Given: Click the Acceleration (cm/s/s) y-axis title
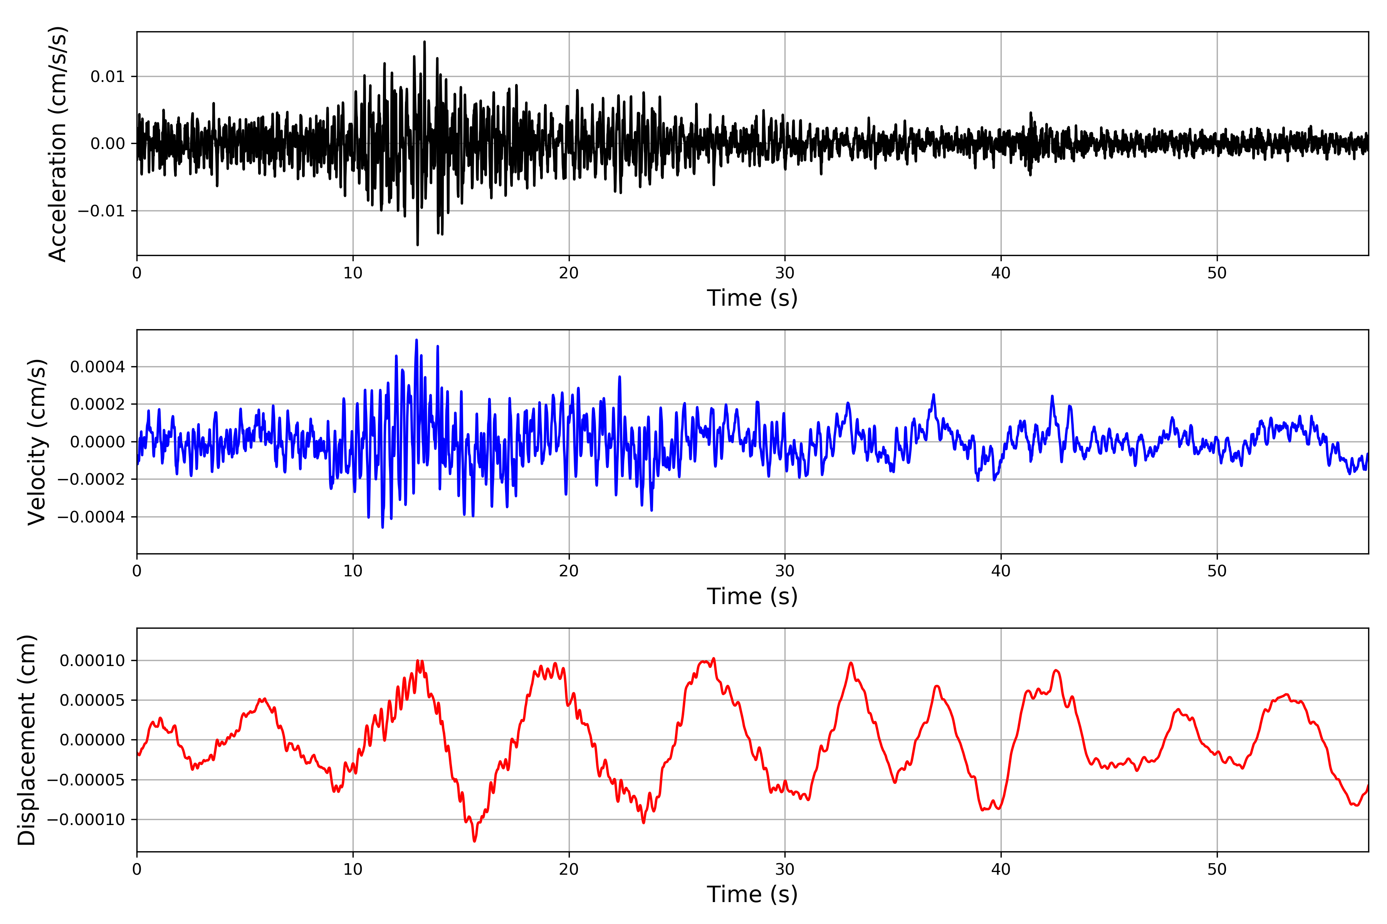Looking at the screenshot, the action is pyautogui.click(x=58, y=144).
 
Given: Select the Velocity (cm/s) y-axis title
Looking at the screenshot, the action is pyautogui.click(x=37, y=442).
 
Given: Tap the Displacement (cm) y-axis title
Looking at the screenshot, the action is pyautogui.click(x=27, y=740).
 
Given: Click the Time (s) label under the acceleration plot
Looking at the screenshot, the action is pyautogui.click(x=752, y=298).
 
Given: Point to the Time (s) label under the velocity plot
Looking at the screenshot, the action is pyautogui.click(x=752, y=596).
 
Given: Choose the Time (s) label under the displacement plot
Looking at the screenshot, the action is pyautogui.click(x=752, y=894).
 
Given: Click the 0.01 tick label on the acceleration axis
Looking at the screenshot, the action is pyautogui.click(x=107, y=77).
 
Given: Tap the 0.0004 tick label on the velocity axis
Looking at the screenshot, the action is pyautogui.click(x=97, y=367).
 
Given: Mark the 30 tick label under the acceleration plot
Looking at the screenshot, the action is pyautogui.click(x=785, y=273).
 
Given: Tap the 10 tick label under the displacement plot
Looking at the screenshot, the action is pyautogui.click(x=353, y=869).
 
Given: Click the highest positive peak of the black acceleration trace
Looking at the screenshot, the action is pyautogui.click(x=425, y=42).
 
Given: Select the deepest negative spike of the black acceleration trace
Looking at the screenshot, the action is pyautogui.click(x=418, y=244).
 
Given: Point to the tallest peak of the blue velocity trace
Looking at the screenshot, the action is pyautogui.click(x=416, y=340).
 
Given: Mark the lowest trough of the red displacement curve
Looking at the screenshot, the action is pyautogui.click(x=474, y=841).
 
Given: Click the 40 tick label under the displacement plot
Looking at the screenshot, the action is pyautogui.click(x=1001, y=869).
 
